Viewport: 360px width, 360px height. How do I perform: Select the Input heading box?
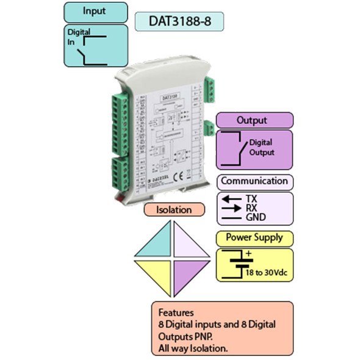coord(95,12)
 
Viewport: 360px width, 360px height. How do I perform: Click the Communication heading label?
coord(254,181)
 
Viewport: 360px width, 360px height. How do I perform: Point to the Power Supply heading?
coord(254,237)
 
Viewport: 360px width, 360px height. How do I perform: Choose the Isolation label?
coord(174,210)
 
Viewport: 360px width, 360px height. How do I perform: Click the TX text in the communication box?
coord(251,199)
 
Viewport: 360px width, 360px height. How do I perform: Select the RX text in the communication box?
coord(251,207)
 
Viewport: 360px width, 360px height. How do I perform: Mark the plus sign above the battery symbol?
coord(248,253)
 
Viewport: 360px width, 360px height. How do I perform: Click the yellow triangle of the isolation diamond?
coord(156,271)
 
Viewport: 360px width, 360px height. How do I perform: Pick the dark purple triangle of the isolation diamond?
coord(189,271)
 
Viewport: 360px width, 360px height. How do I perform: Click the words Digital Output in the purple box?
coord(261,148)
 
